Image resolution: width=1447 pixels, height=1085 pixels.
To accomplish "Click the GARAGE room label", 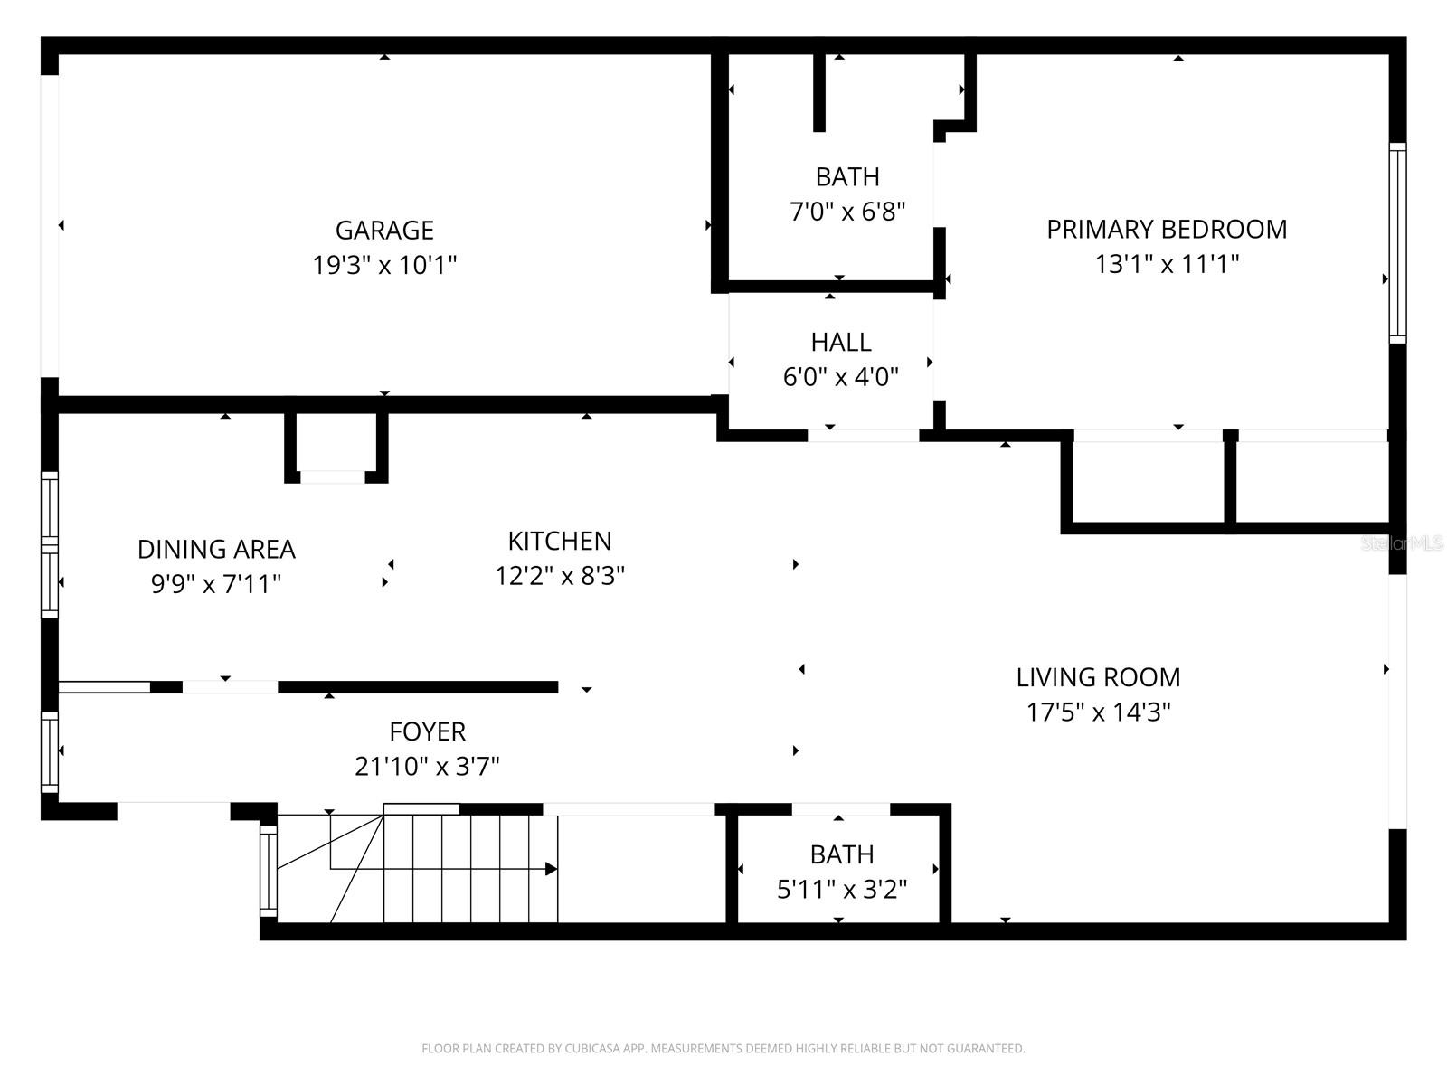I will tap(384, 231).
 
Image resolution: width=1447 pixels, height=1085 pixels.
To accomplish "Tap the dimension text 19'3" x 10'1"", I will tap(384, 266).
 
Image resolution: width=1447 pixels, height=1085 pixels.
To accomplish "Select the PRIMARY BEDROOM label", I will tap(1167, 230).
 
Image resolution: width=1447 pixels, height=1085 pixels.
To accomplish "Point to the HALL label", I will tap(841, 343).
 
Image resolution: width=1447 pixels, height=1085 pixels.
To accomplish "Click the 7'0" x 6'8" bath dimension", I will tap(847, 212).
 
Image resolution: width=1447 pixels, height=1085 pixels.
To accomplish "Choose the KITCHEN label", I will tap(560, 541).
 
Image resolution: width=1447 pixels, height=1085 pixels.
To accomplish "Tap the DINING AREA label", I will tap(216, 550).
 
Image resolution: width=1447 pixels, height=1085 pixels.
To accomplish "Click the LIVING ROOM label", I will tap(1098, 677).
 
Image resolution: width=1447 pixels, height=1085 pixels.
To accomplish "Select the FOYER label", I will tap(427, 731).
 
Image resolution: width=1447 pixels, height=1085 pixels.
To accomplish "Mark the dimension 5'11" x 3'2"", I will tap(842, 890).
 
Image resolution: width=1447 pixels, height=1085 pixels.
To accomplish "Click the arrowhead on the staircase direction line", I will tap(551, 869).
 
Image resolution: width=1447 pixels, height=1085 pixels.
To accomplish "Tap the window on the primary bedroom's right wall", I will tap(1397, 242).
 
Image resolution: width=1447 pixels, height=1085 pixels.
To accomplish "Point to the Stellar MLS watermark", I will tap(1403, 543).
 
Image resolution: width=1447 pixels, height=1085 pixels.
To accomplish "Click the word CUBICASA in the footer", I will tap(591, 1049).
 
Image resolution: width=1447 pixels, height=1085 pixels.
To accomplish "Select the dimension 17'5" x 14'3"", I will tap(1098, 712).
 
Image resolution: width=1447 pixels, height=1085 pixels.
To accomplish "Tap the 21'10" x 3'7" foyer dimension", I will tap(427, 767).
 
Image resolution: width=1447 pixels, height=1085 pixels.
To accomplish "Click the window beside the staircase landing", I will tap(268, 869).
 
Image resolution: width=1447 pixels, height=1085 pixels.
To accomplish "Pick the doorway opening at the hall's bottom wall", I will tap(863, 436).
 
